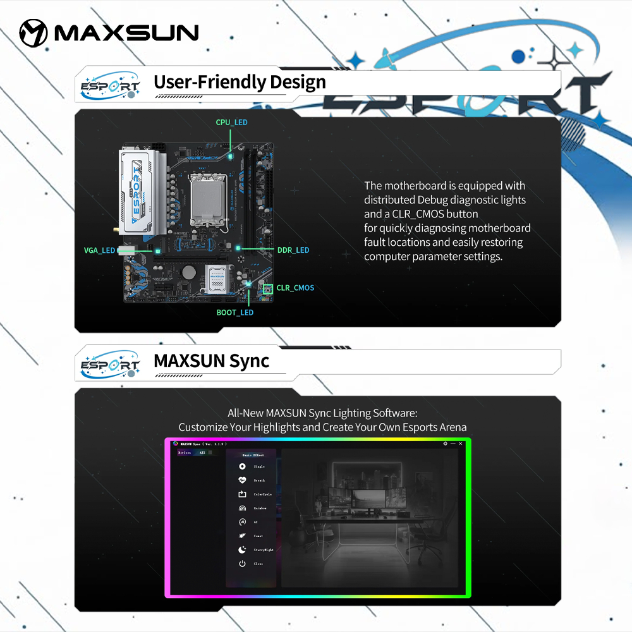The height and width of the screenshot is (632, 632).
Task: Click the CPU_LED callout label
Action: (x=231, y=122)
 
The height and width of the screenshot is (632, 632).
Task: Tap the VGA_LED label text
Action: (x=100, y=250)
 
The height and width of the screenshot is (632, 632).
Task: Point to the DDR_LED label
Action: (x=293, y=250)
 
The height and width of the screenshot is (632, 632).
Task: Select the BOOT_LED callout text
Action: (x=235, y=312)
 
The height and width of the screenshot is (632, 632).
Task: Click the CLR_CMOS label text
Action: (x=295, y=288)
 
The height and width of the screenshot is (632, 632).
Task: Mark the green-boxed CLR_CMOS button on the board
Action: (x=267, y=289)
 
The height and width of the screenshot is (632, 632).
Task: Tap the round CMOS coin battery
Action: (x=188, y=272)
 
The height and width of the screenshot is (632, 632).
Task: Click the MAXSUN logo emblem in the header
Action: (x=33, y=33)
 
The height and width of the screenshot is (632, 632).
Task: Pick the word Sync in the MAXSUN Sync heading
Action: (x=249, y=362)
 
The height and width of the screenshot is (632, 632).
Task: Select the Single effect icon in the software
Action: (x=242, y=466)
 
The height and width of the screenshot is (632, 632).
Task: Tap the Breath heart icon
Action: (x=242, y=480)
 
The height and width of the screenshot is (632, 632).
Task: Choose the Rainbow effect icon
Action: (x=242, y=508)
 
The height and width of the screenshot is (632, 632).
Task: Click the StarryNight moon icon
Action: (x=242, y=550)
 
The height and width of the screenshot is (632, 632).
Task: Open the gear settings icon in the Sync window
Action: (x=446, y=444)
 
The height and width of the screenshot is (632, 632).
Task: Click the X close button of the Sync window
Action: (x=461, y=444)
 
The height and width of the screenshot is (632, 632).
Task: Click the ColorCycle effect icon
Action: (x=242, y=494)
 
